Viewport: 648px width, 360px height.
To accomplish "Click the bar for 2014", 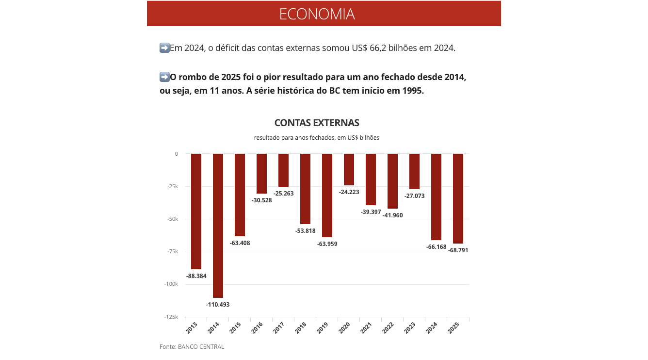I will coord(218,226).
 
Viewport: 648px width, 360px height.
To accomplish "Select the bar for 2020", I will coord(349,169).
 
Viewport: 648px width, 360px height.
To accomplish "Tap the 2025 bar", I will coord(458,198).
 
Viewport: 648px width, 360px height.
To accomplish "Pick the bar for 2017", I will coord(283,170).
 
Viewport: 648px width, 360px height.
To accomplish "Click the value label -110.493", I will coord(218,305).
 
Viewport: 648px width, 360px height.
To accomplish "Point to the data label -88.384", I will coord(196,276).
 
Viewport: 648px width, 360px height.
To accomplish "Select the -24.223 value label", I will coord(349,192).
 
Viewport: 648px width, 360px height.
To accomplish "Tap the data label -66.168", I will coord(436,247).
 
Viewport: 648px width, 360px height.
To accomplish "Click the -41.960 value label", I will coord(392,215).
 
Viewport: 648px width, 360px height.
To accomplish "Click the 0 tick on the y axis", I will coord(177,154).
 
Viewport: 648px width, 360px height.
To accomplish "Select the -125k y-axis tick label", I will coord(170,317).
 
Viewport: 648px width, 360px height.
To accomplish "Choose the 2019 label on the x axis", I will coord(323,328).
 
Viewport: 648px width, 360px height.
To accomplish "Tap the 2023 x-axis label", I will coord(410,328).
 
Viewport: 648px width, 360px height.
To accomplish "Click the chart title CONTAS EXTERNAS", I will coord(317,123).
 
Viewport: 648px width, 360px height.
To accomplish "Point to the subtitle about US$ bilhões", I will coord(317,138).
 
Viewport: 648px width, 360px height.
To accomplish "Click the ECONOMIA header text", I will coord(317,14).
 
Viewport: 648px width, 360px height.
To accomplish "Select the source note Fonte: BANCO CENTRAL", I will coord(192,347).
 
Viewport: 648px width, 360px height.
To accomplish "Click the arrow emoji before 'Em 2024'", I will coord(164,48).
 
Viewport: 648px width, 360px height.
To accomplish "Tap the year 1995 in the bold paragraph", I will coord(412,91).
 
